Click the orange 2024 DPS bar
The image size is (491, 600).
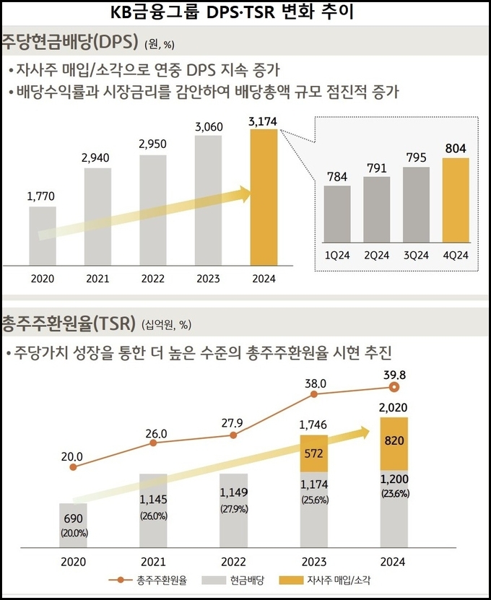click(x=264, y=196)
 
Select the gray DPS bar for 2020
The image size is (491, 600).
click(x=43, y=235)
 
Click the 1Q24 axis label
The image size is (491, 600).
click(x=337, y=256)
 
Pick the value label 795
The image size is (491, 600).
click(x=416, y=157)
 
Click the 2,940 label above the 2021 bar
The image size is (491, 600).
click(x=98, y=158)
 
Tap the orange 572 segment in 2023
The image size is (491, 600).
click(x=313, y=453)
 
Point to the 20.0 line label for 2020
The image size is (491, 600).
click(x=73, y=456)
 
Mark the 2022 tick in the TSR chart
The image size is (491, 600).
click(x=233, y=562)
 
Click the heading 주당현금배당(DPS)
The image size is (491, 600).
click(x=70, y=41)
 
